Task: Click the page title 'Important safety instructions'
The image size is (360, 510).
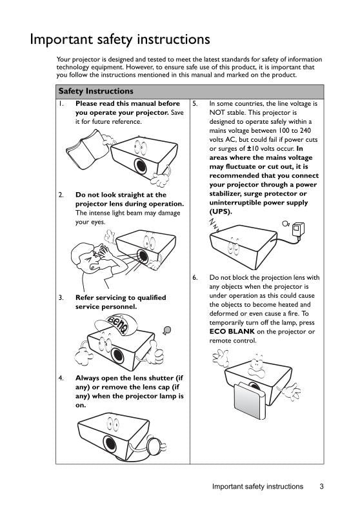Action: (120, 39)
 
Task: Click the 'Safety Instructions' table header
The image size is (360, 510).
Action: (95, 92)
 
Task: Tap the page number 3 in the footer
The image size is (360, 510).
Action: (321, 487)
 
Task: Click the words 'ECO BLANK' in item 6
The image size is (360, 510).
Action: (232, 331)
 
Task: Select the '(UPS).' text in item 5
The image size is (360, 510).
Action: (220, 211)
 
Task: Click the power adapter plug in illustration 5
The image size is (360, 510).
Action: (299, 230)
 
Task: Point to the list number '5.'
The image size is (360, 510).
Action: (195, 103)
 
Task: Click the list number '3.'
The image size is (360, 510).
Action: (61, 298)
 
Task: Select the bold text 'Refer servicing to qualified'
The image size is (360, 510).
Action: (121, 298)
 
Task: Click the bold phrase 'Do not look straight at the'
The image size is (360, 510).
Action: (121, 194)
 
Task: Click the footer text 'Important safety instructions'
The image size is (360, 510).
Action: (257, 487)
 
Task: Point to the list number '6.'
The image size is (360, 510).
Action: (195, 278)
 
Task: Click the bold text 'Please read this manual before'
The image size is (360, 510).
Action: (128, 103)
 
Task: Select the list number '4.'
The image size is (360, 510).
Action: (61, 378)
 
